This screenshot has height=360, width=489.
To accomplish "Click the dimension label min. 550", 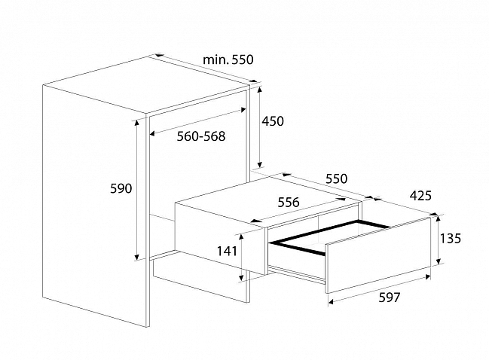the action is tap(228, 59).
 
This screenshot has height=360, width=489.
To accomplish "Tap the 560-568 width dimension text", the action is tap(201, 136).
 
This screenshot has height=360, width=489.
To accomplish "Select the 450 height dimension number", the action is tap(273, 121).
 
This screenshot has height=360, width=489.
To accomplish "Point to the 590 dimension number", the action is tap(121, 188).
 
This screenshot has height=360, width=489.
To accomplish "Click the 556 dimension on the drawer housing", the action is tap(289, 203).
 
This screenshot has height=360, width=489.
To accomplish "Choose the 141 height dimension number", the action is tap(227, 251).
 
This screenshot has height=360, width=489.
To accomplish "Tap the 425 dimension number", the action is tap(420, 196).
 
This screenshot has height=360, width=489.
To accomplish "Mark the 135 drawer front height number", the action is tap(451, 239).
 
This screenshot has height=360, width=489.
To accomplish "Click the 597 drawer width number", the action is tap(390, 297).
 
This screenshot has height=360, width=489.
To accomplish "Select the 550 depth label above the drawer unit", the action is tap(337, 179).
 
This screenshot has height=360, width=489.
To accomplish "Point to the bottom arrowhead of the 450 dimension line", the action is tap(260, 164).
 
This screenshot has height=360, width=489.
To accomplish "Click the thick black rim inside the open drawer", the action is tap(329, 237).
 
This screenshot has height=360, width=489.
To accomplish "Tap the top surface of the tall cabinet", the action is tap(147, 85).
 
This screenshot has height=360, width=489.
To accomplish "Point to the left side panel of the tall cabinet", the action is tap(94, 206).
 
